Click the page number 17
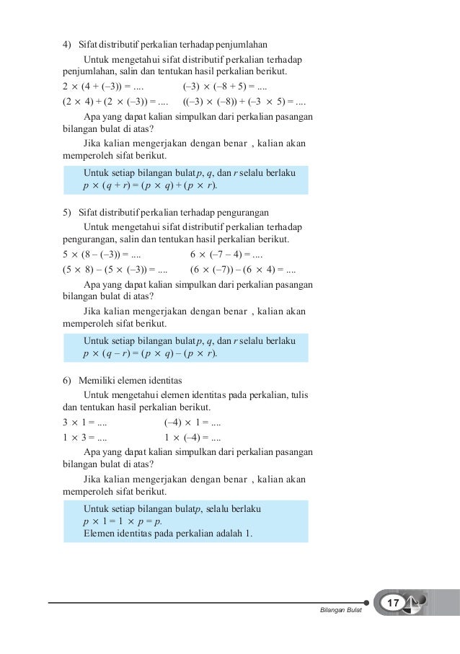[394, 603]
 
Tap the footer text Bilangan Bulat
[340, 612]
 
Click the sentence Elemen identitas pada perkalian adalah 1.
[164, 534]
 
